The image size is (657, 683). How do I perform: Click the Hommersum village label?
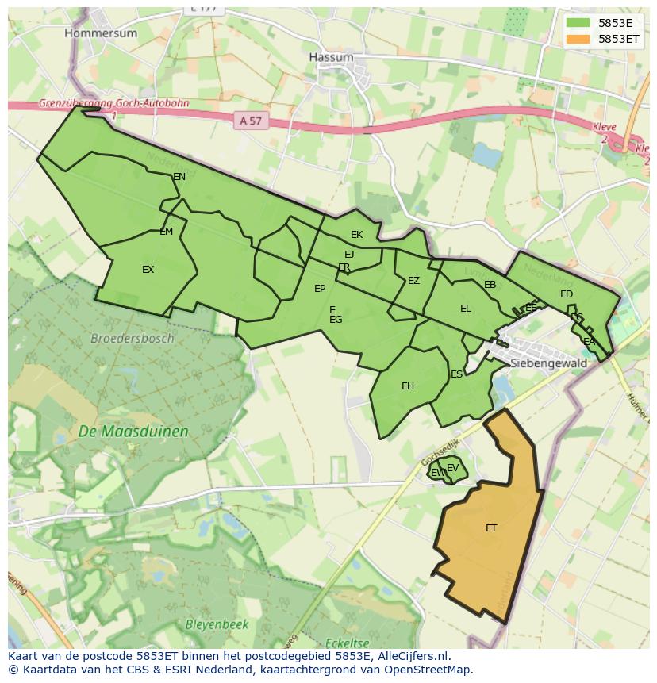pyautogui.click(x=101, y=33)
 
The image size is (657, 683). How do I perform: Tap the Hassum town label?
pyautogui.click(x=331, y=58)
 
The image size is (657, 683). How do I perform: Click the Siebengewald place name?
pyautogui.click(x=549, y=363)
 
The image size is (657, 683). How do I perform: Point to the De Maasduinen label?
pyautogui.click(x=133, y=432)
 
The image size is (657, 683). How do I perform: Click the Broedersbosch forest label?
pyautogui.click(x=133, y=338)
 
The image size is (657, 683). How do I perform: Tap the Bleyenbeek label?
pyautogui.click(x=217, y=624)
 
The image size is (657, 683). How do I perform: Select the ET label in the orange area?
pyautogui.click(x=491, y=528)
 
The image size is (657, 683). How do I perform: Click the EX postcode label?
pyautogui.click(x=148, y=270)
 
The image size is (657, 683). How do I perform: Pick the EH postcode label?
pyautogui.click(x=408, y=386)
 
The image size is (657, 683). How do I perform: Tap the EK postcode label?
pyautogui.click(x=356, y=235)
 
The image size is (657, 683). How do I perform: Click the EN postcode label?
pyautogui.click(x=179, y=177)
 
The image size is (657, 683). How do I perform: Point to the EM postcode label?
pyautogui.click(x=166, y=232)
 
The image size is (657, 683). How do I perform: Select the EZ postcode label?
pyautogui.click(x=413, y=281)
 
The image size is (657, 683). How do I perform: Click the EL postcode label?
pyautogui.click(x=466, y=309)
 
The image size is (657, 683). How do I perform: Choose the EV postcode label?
pyautogui.click(x=452, y=468)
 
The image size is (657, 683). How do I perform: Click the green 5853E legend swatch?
pyautogui.click(x=578, y=23)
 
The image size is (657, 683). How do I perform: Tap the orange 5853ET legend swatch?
pyautogui.click(x=578, y=38)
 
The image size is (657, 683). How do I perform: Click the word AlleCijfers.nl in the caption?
pyautogui.click(x=412, y=656)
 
